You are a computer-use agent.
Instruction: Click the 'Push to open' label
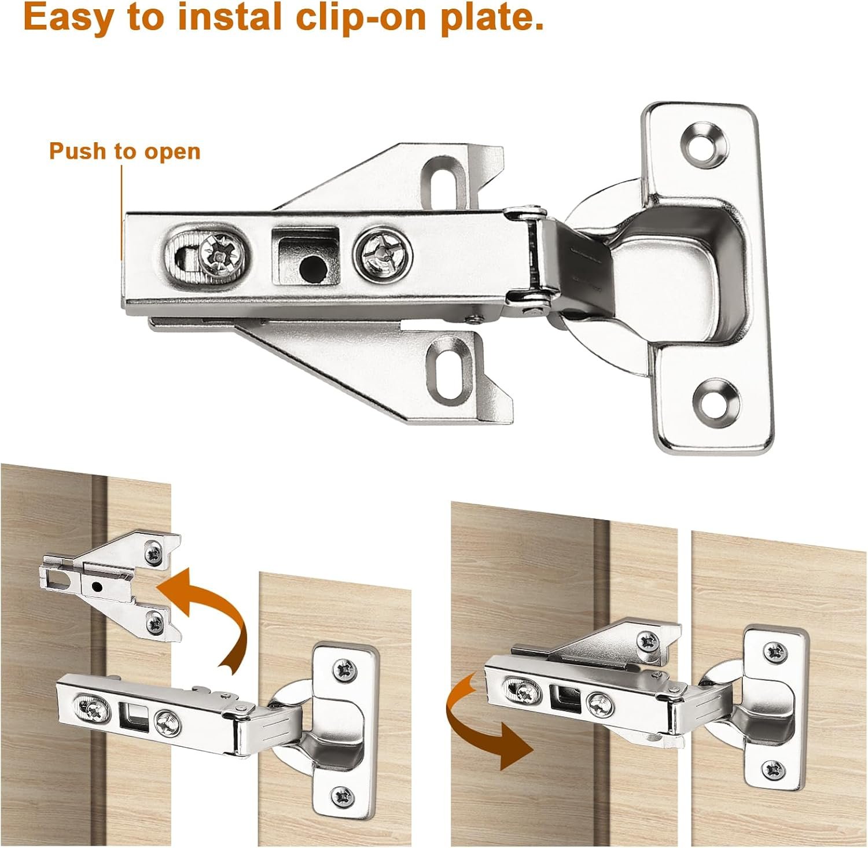[x=124, y=152]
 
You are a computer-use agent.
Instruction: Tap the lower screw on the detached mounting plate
[x=156, y=622]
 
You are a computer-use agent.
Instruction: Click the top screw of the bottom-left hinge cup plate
[x=347, y=669]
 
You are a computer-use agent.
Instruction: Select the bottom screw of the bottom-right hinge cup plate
[x=774, y=770]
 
